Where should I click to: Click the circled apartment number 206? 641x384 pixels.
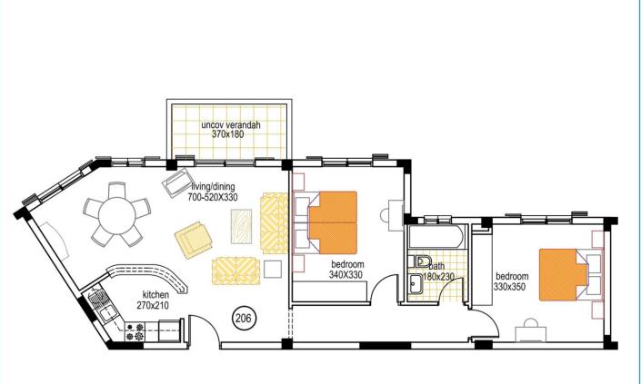[243, 318]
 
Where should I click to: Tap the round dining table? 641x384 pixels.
[115, 216]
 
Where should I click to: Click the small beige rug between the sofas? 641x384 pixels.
[241, 223]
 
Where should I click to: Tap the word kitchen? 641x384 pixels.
[156, 295]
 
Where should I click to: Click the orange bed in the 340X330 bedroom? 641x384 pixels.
[333, 222]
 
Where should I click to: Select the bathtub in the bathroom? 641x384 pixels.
[436, 241]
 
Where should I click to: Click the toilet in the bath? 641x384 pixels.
[424, 262]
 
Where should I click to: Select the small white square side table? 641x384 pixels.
[272, 268]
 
